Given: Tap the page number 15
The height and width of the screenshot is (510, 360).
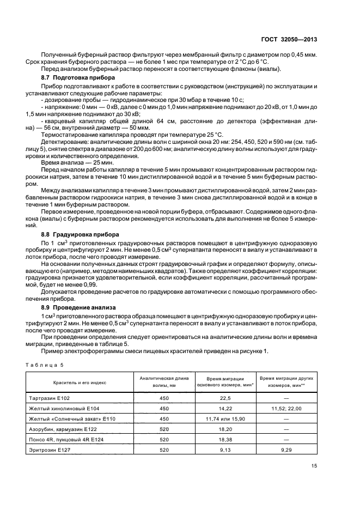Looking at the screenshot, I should (314, 465).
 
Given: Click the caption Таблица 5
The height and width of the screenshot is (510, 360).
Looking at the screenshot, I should (46, 364).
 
